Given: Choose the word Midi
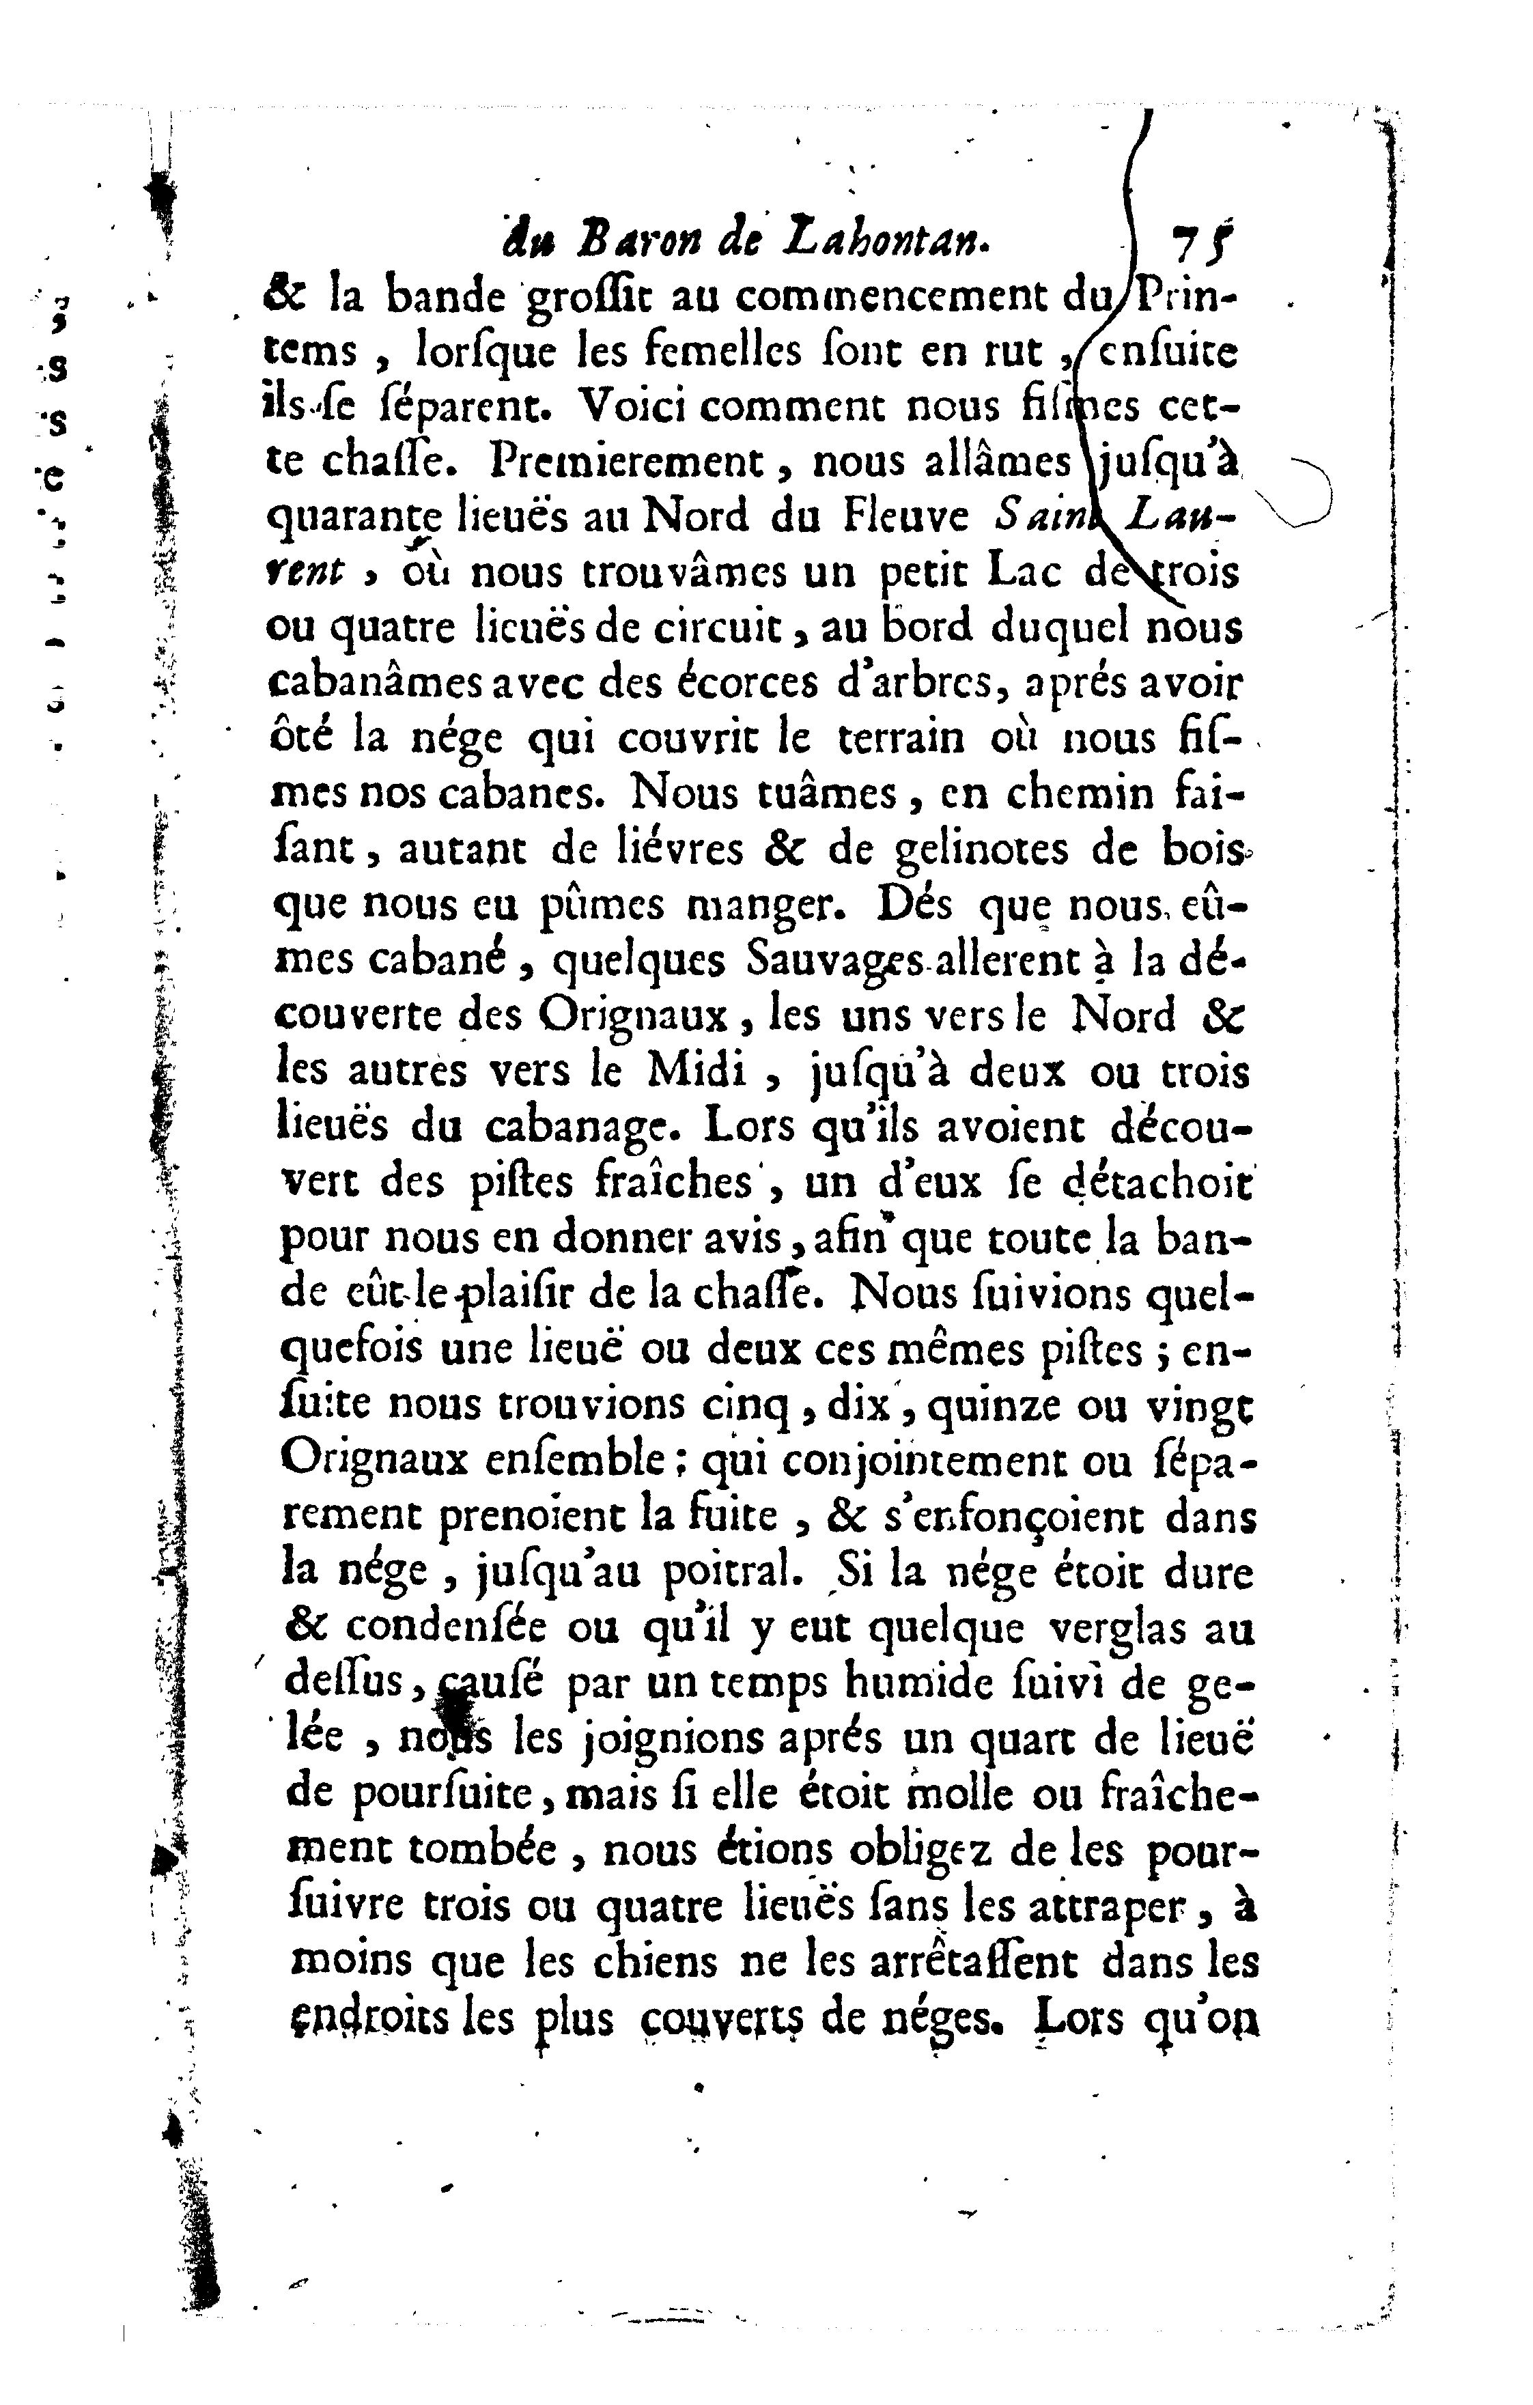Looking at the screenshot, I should click(695, 1071).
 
